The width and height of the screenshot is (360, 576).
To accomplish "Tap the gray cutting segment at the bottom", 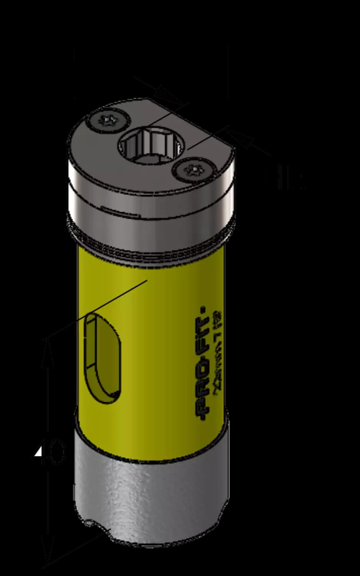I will pos(150,495).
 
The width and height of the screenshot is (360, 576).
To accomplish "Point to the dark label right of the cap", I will pos(286,180).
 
